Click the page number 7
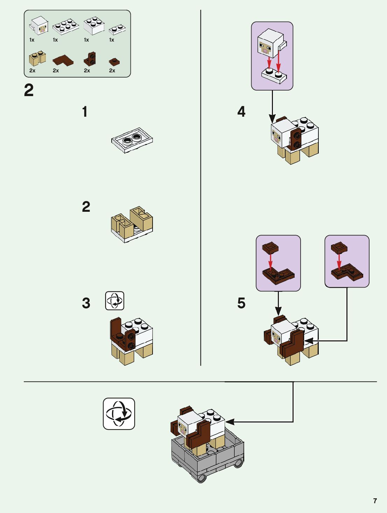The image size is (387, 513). pos(375,501)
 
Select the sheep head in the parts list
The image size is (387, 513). pos(39,26)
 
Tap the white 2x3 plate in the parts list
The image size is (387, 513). pos(66,27)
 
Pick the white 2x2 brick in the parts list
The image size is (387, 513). pos(94,26)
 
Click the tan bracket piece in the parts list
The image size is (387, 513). pos(37,58)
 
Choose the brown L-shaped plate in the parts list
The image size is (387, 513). pos(63,60)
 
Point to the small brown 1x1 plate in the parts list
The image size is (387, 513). pos(114,62)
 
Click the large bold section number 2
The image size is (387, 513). pos(29,90)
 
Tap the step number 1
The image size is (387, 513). pos(85,111)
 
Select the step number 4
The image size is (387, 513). pos(241,111)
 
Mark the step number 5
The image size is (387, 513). pos(241,303)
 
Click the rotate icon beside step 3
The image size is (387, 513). pos(115,301)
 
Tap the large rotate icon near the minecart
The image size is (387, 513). pos(119,414)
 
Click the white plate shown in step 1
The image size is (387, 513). pos(132,140)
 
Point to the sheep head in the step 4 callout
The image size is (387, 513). pos(272,43)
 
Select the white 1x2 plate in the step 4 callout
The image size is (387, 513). pos(274,75)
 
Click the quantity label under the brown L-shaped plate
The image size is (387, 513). pos(56,71)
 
